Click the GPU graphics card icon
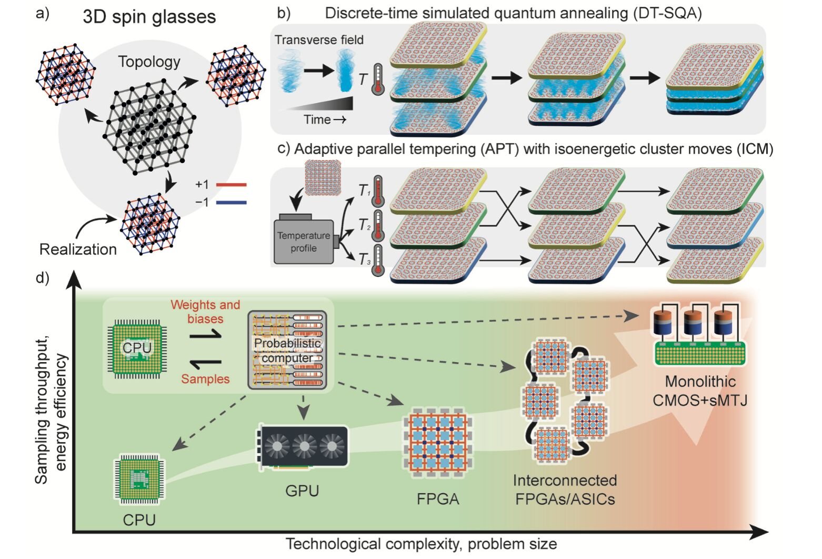point(303,447)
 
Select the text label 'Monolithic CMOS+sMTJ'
point(700,391)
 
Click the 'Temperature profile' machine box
point(304,242)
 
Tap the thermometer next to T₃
point(377,261)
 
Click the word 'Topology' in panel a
point(149,62)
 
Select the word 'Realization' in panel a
point(78,249)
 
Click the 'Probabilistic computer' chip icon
point(287,350)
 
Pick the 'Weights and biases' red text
point(205,312)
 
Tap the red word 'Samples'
point(205,379)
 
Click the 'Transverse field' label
point(319,39)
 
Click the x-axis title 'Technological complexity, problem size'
point(421,544)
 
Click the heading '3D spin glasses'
point(149,17)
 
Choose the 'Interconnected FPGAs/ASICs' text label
point(565,489)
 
